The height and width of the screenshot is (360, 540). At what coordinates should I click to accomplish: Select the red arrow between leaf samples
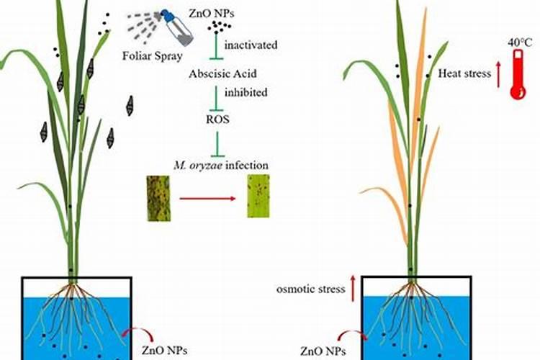click(208, 197)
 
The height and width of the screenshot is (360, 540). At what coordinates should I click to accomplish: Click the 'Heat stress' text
click(464, 73)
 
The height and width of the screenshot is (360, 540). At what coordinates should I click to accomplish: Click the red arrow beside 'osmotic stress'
click(352, 288)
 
